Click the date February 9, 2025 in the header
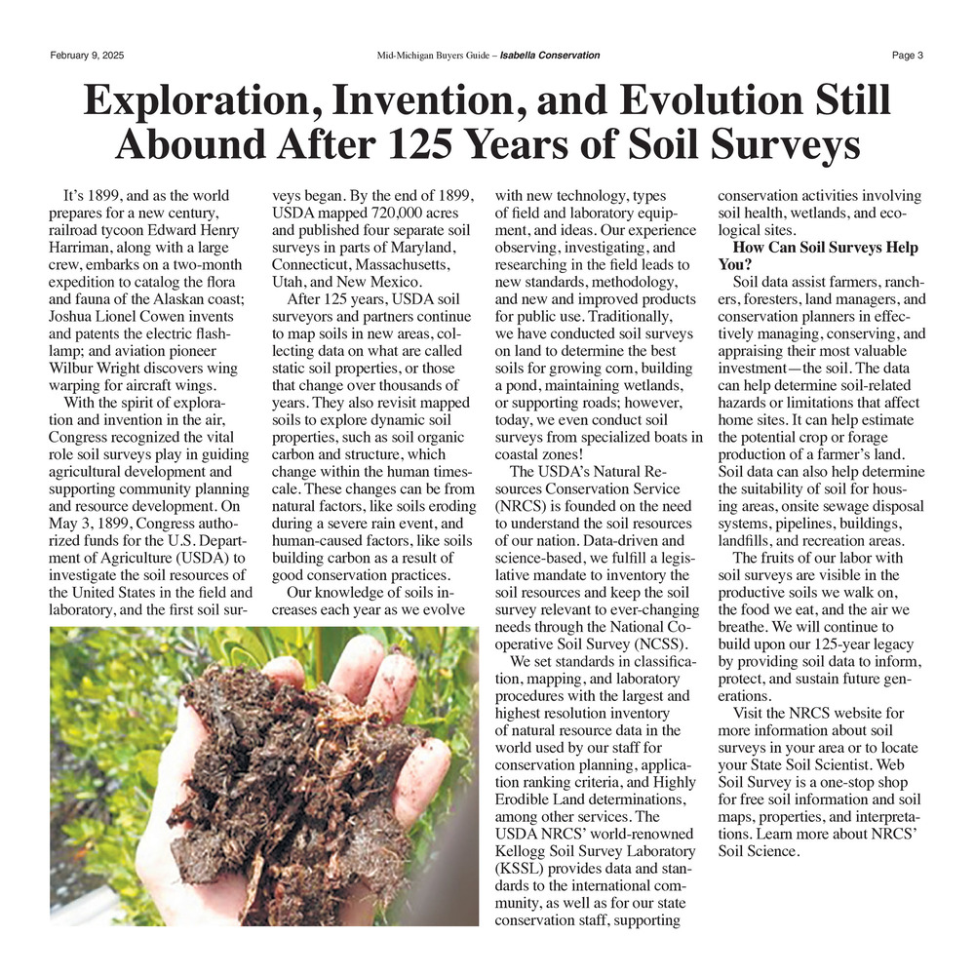click(x=87, y=55)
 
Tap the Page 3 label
click(x=907, y=55)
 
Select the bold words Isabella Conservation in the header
click(x=549, y=55)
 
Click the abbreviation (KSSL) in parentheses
click(x=524, y=868)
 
